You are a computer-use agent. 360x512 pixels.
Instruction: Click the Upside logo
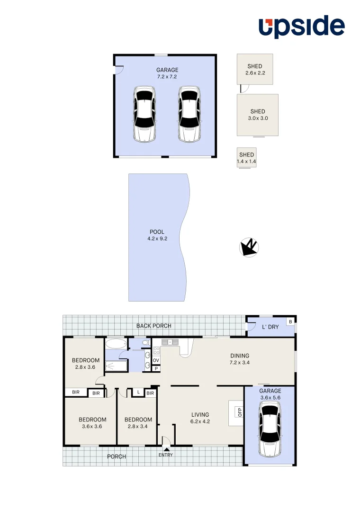[x=301, y=27]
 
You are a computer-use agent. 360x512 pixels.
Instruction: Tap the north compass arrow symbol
[x=248, y=247]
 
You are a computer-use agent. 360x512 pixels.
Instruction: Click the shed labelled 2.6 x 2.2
[x=255, y=69]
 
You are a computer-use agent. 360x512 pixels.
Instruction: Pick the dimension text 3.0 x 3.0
[x=258, y=119]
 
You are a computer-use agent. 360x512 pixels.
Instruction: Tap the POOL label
[x=157, y=232]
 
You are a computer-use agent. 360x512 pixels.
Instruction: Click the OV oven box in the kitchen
[x=156, y=360]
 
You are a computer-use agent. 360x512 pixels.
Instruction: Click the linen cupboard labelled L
[x=137, y=392]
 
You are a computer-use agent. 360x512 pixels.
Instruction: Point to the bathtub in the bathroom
[x=116, y=344]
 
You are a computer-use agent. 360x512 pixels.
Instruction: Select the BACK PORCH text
[x=153, y=326]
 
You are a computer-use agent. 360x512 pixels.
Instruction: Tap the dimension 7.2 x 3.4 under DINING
[x=239, y=363]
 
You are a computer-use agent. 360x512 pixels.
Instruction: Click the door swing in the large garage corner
[x=119, y=70]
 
